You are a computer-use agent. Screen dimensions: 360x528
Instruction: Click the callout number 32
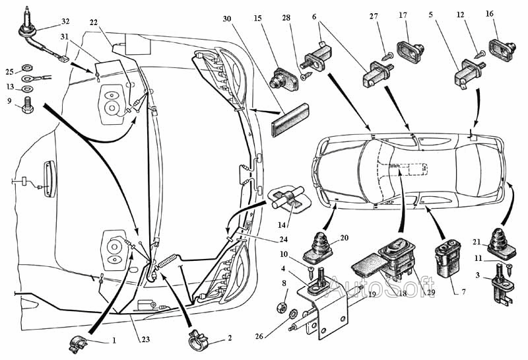tap(65, 20)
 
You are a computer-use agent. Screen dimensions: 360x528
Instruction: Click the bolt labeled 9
tap(28, 104)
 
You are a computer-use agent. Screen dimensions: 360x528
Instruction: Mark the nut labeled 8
tap(279, 306)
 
